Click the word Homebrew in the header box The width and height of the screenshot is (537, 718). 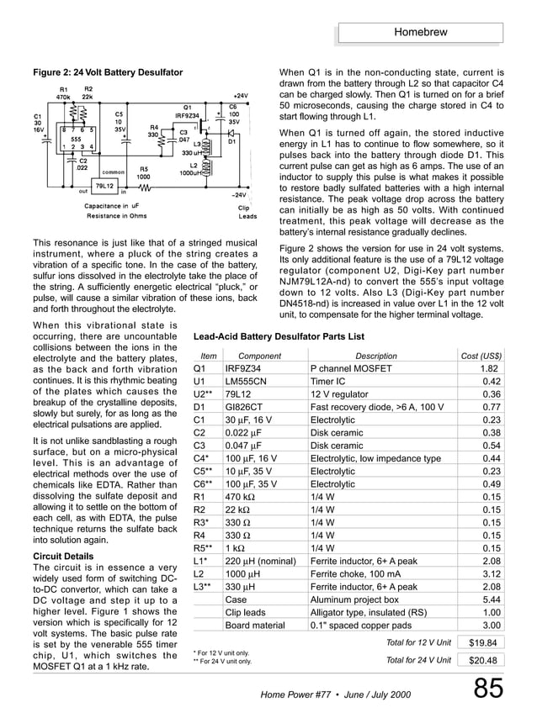420,33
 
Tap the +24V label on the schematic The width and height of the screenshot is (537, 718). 239,97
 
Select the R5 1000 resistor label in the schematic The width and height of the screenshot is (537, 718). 143,173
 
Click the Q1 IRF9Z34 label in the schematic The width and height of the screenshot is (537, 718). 186,111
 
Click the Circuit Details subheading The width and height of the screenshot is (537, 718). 63,557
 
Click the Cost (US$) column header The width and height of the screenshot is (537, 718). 481,356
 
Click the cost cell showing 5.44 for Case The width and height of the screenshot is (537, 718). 492,599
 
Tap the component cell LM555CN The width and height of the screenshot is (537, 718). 245,382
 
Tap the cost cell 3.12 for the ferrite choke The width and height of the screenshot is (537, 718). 492,574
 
